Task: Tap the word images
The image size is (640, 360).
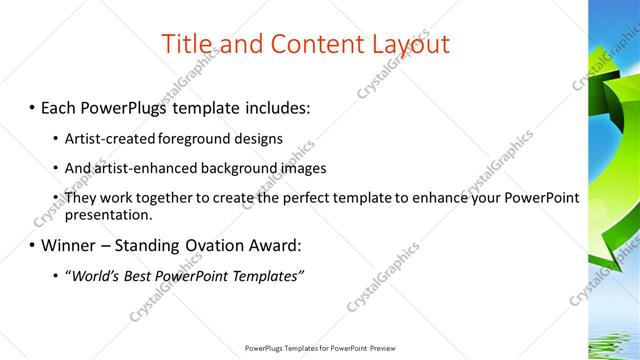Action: (295, 168)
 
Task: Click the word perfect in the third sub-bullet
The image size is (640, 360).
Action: (311, 198)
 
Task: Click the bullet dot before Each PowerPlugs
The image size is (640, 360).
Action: (33, 107)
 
